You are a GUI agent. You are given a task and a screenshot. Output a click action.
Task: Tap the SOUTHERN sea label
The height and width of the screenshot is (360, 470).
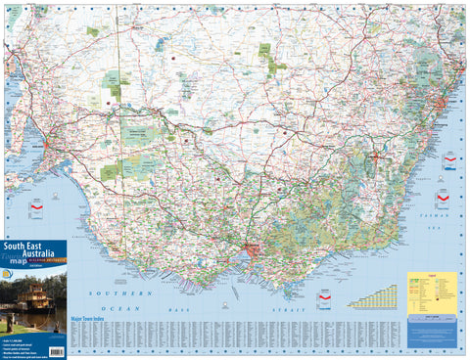[x=119, y=292]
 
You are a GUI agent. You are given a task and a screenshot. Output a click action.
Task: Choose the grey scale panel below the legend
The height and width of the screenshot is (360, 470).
[x=432, y=315]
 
